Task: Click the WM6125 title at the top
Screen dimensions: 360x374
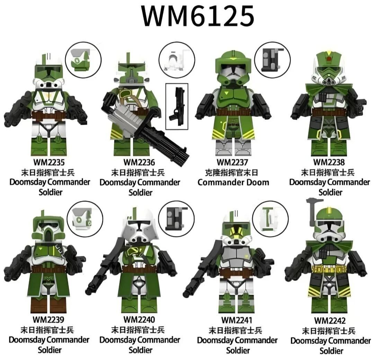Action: click(x=197, y=16)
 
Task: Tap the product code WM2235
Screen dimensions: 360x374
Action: click(x=49, y=162)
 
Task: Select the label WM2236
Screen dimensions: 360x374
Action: click(x=139, y=162)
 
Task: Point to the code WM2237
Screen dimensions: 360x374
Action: click(x=233, y=162)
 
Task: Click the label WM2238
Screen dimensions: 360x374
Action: click(x=329, y=162)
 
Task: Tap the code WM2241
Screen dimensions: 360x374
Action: click(x=237, y=319)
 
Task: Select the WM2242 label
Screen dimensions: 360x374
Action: click(x=330, y=321)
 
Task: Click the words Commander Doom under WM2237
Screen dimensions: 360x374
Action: click(x=233, y=182)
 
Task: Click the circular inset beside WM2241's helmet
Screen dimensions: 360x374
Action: click(x=270, y=219)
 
